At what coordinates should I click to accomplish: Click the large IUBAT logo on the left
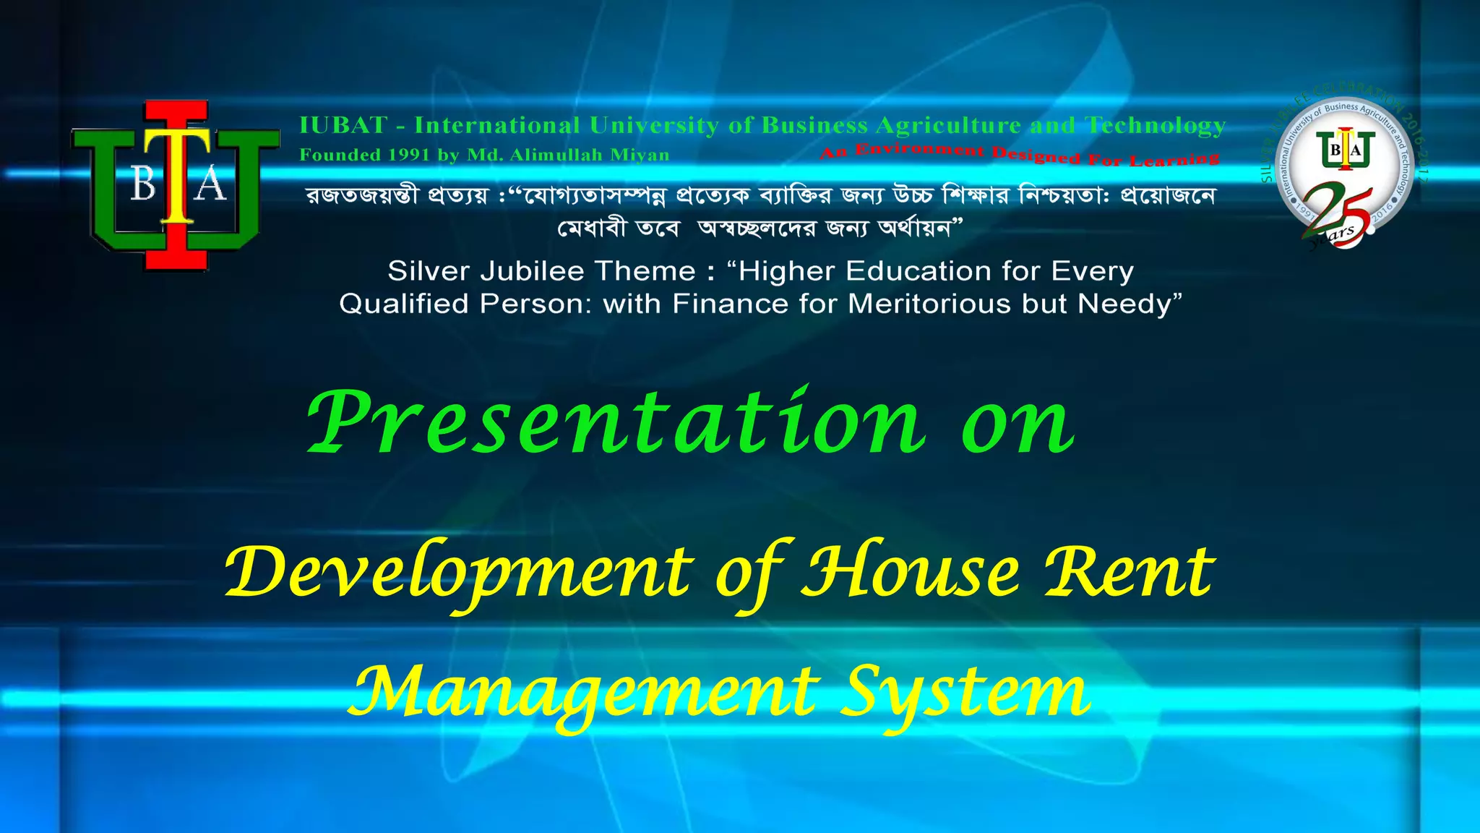[176, 185]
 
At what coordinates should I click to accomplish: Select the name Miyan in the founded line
[640, 155]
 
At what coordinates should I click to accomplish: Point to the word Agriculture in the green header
[949, 126]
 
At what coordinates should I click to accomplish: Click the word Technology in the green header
[1156, 126]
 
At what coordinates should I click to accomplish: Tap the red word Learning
[1174, 160]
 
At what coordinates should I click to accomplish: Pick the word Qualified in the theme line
[405, 304]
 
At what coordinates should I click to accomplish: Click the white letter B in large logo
[143, 185]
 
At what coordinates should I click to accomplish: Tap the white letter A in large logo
[211, 185]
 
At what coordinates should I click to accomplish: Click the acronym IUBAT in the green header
[343, 126]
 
